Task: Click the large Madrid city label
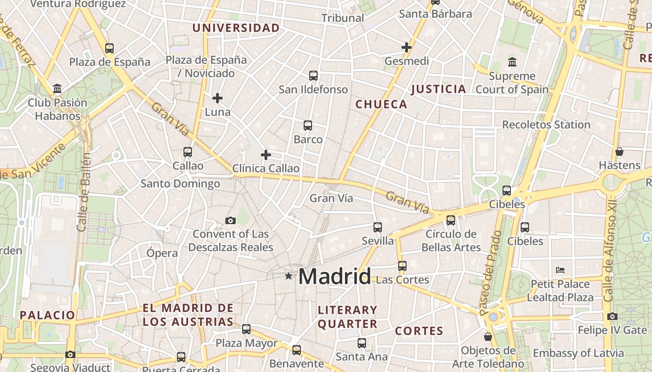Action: [x=334, y=276]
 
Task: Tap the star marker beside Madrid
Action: [x=289, y=276]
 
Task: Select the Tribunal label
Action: [x=343, y=18]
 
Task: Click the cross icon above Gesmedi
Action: [x=407, y=47]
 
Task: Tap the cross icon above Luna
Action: [x=217, y=98]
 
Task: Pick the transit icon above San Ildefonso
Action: [x=313, y=75]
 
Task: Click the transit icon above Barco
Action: [x=308, y=125]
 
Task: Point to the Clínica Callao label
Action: [x=266, y=168]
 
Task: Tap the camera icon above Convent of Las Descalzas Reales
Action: [x=230, y=220]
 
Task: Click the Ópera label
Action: [x=162, y=253]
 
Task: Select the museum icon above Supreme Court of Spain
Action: [x=512, y=62]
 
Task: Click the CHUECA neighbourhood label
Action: [x=381, y=105]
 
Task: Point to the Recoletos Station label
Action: [x=546, y=125]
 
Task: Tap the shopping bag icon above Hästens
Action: [x=619, y=152]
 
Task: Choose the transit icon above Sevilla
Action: [x=378, y=227]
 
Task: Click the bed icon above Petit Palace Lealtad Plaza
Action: [x=560, y=270]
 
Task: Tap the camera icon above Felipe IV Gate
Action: [x=612, y=317]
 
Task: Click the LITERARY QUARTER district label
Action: [x=347, y=317]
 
